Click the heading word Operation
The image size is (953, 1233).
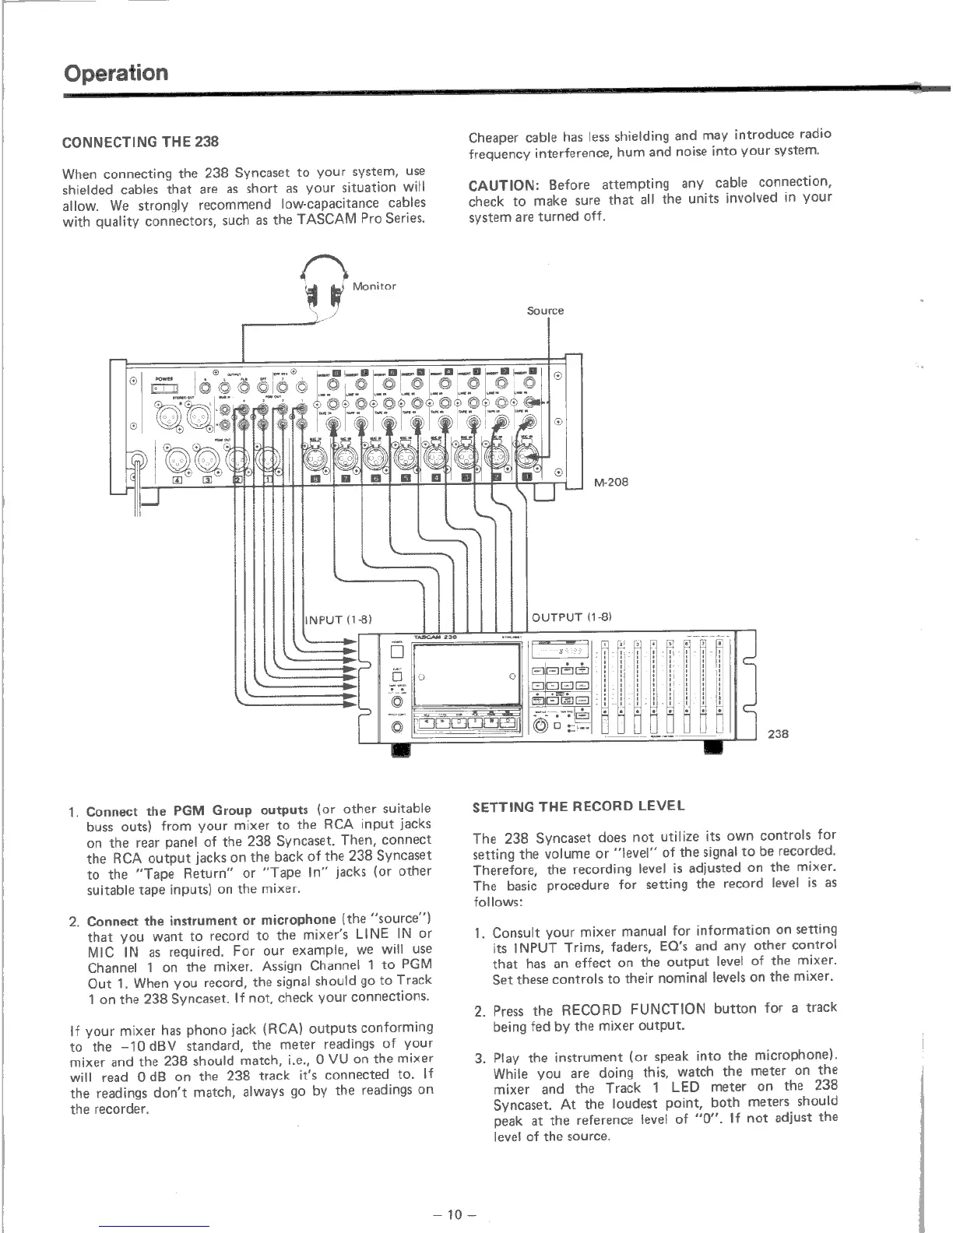pyautogui.click(x=116, y=73)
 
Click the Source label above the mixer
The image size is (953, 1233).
pyautogui.click(x=544, y=311)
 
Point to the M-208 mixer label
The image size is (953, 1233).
pyautogui.click(x=610, y=482)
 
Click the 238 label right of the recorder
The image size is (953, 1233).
pyautogui.click(x=778, y=732)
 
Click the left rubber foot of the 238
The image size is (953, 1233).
pyautogui.click(x=401, y=749)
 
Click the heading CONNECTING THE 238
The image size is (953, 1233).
pyautogui.click(x=140, y=142)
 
